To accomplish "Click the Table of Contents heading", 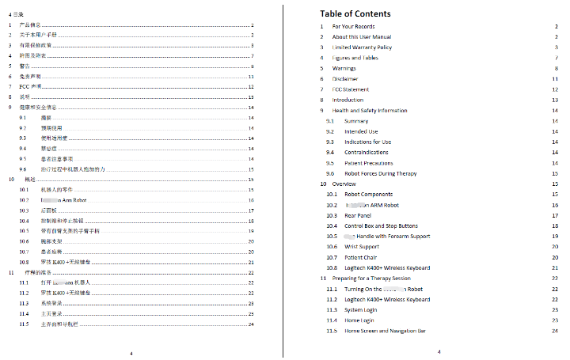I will (x=355, y=13).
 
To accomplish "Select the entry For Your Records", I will (x=353, y=26).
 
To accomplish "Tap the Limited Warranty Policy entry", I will (x=362, y=47).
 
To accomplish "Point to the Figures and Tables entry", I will (x=355, y=58).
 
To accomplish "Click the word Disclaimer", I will (x=345, y=79).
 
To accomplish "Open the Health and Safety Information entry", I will (x=370, y=111).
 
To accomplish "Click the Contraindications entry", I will (x=367, y=152).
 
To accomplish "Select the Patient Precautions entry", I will (x=369, y=163).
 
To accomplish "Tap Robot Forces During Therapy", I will (x=380, y=173).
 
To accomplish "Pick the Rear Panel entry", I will (x=358, y=215).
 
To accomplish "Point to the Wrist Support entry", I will (x=362, y=247).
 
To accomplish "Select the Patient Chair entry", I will (x=361, y=257).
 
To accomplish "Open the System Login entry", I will (x=361, y=310).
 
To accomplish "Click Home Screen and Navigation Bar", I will (x=385, y=331).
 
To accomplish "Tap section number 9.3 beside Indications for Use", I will (x=329, y=142).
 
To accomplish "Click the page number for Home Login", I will (x=557, y=320).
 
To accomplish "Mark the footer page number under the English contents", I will (x=438, y=352).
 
